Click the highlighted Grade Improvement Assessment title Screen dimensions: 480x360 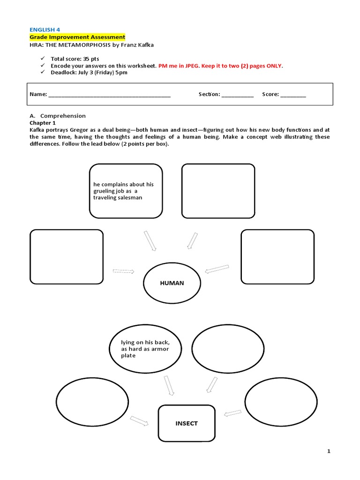77,37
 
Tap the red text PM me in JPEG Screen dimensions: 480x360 179,66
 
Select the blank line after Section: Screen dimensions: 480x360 237,95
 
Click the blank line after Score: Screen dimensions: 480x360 293,95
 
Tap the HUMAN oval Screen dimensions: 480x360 172,283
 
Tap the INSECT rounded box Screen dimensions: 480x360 187,423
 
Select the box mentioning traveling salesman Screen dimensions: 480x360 126,191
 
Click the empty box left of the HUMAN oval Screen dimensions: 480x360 66,256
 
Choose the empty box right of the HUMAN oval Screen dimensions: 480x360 277,256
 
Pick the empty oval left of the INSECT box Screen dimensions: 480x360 92,400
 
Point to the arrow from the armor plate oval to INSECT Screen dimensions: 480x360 169,385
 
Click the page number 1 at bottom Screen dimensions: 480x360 329,451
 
